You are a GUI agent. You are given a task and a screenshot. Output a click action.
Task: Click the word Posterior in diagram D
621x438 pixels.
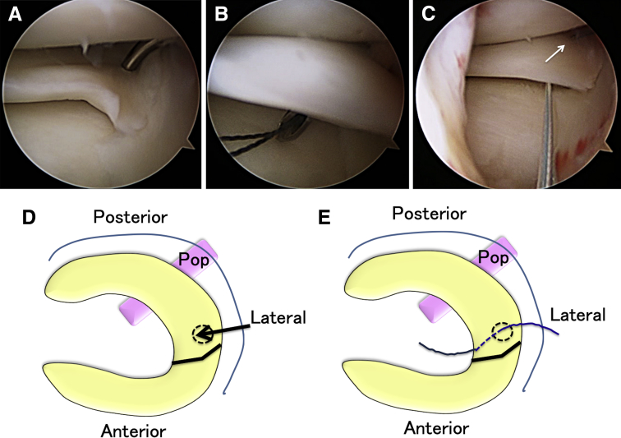pos(131,218)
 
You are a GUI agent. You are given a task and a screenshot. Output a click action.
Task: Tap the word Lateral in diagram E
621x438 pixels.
pos(577,315)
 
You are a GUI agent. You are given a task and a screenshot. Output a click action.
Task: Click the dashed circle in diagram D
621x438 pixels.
pos(201,332)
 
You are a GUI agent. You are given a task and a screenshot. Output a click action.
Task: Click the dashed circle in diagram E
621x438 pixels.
pos(502,332)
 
